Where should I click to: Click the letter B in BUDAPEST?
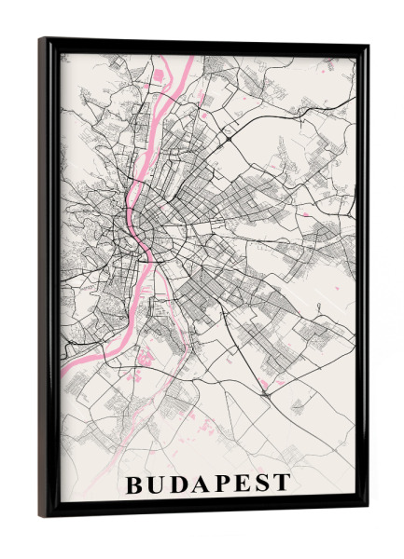[x=134, y=484]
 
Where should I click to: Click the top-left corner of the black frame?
[x=40, y=39]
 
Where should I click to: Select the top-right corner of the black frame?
[x=367, y=47]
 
